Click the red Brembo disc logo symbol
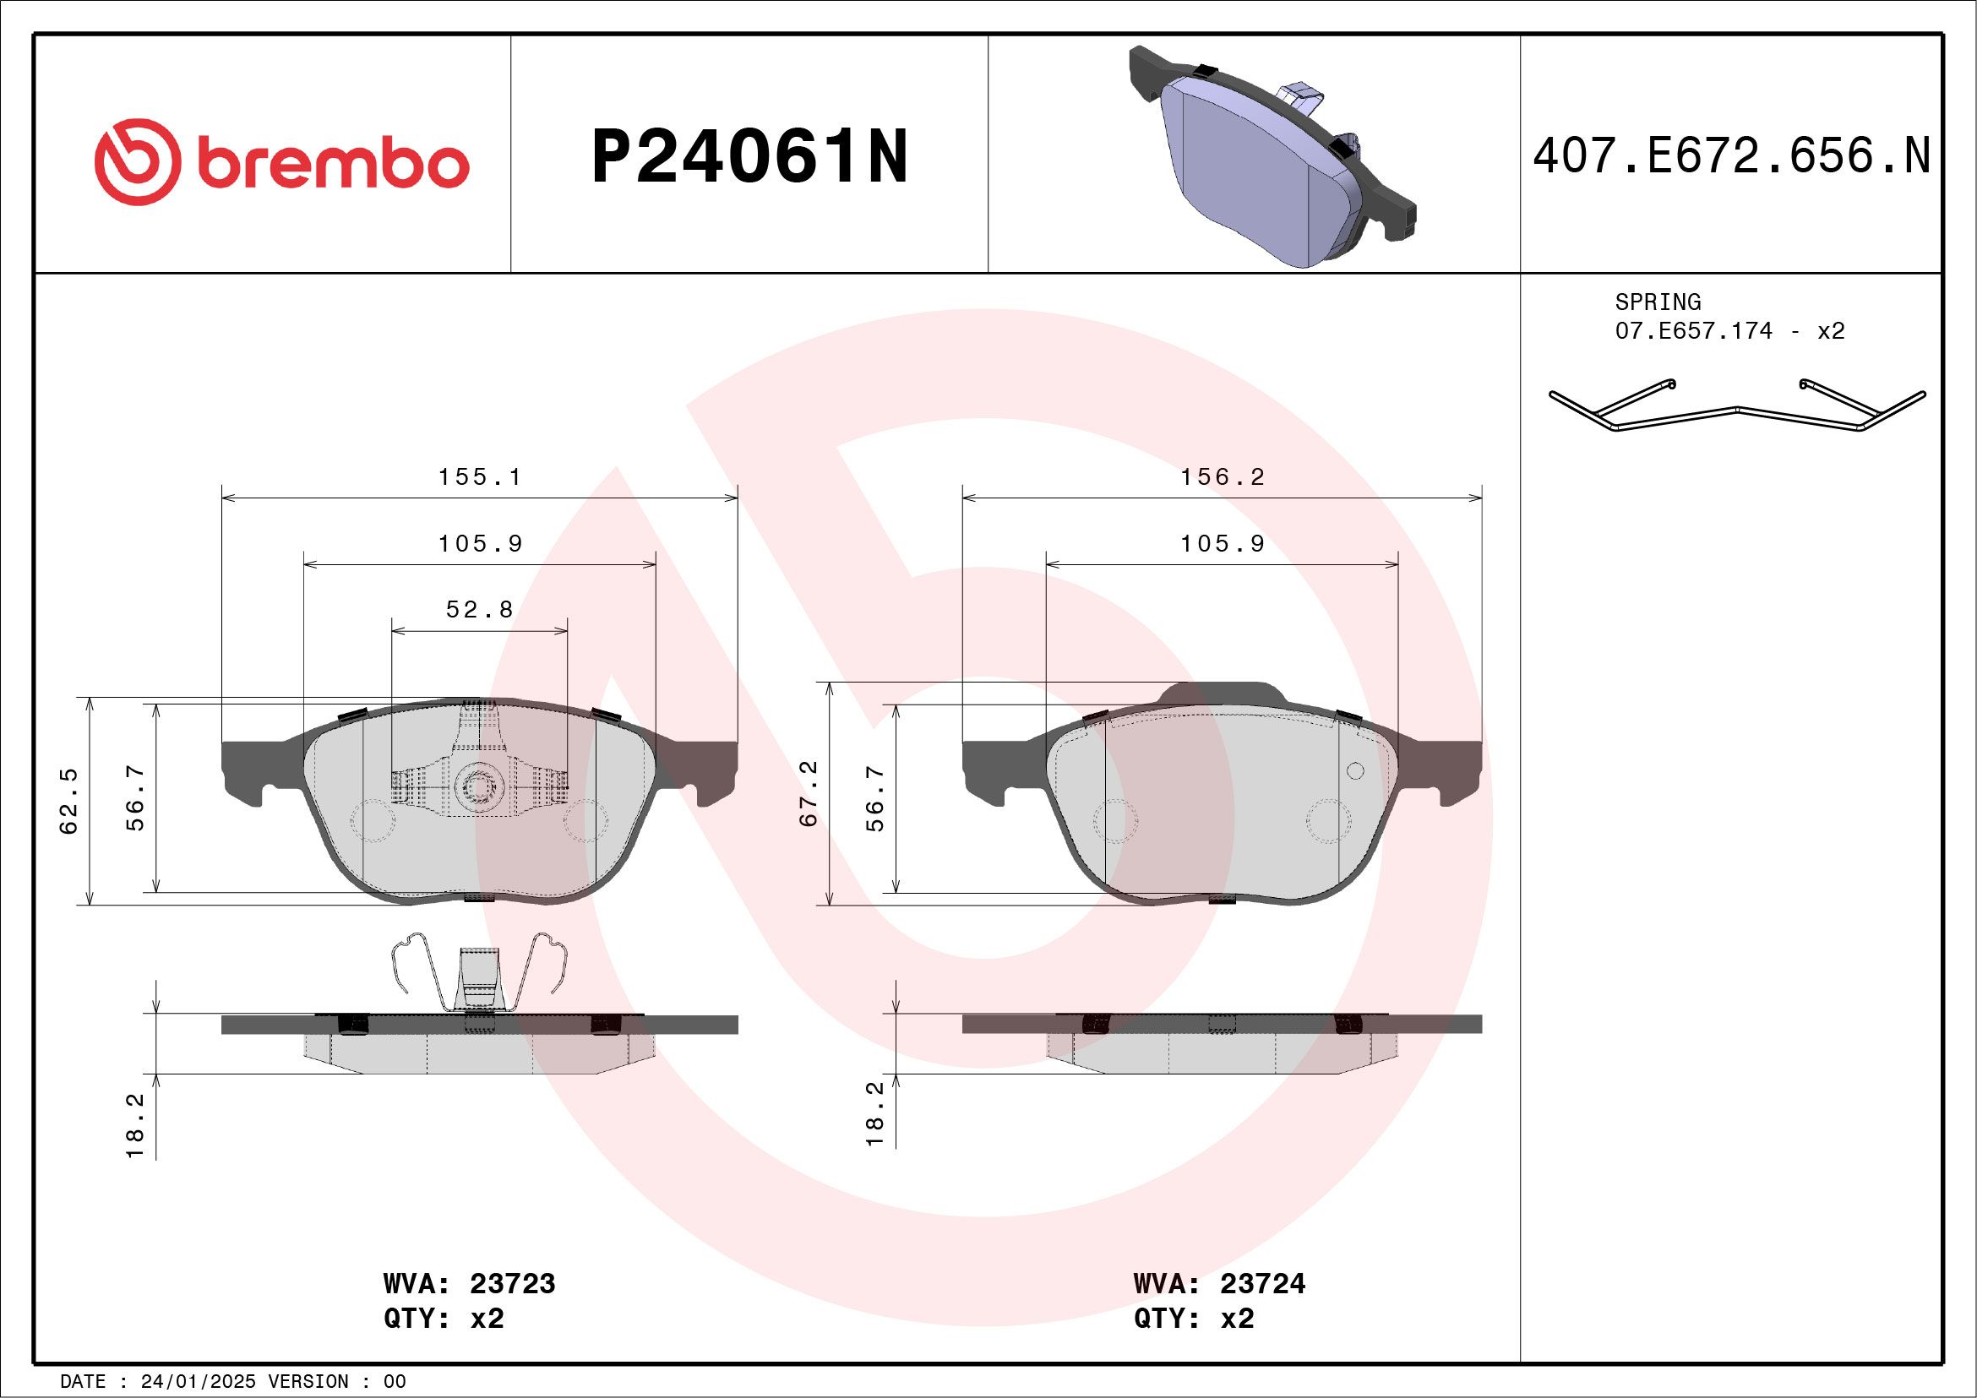[x=138, y=162]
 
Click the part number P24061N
[x=749, y=156]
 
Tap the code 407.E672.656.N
[x=1732, y=156]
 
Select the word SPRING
[x=1658, y=302]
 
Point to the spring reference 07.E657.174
[x=1693, y=331]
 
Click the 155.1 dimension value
[x=480, y=477]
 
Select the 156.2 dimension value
[x=1222, y=477]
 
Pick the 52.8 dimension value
[x=480, y=611]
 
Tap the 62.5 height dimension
[x=69, y=801]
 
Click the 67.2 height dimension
[x=809, y=794]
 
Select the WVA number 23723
[x=512, y=1283]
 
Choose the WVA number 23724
[x=1262, y=1283]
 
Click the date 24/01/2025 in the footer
[x=198, y=1382]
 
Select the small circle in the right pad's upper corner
[x=1354, y=770]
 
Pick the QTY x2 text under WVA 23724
[x=1194, y=1318]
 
